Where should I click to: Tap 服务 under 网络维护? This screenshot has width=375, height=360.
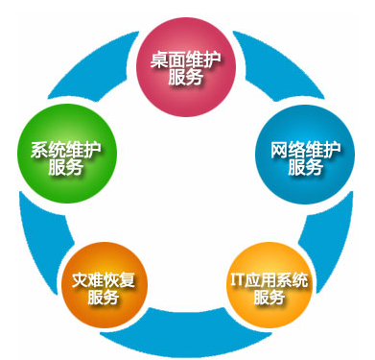(304, 167)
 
